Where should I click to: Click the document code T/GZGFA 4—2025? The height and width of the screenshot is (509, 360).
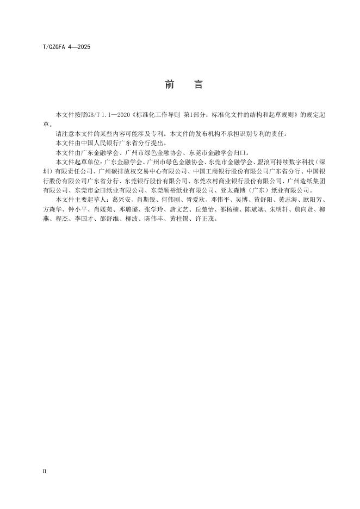(66, 47)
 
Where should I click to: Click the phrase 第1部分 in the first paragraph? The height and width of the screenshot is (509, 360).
(197, 115)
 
